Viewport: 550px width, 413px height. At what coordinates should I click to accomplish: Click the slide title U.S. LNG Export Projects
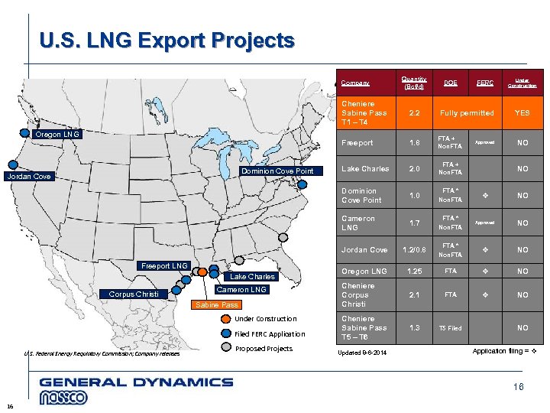(x=167, y=41)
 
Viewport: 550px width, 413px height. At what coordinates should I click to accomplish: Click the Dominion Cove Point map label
(x=278, y=171)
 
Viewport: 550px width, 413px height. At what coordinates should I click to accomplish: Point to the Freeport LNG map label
(x=163, y=265)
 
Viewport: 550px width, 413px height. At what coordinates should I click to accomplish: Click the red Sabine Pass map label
(x=216, y=305)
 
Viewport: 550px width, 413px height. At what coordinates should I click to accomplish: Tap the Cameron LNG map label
(x=241, y=290)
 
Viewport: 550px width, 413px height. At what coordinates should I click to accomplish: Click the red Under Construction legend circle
(x=225, y=319)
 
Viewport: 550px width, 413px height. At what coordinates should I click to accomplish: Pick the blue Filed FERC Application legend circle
(x=225, y=333)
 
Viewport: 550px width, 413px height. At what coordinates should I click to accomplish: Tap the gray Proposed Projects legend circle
(x=225, y=349)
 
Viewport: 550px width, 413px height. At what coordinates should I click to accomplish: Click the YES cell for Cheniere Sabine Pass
(x=522, y=112)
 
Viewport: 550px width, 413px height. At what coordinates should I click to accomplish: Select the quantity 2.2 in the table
(x=413, y=112)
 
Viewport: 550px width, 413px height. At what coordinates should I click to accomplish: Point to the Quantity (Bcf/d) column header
(x=413, y=83)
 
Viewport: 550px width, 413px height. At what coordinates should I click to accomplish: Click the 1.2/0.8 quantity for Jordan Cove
(x=413, y=249)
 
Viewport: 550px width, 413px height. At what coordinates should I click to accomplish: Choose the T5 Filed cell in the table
(x=449, y=328)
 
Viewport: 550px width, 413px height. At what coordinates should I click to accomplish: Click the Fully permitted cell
(x=467, y=112)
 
